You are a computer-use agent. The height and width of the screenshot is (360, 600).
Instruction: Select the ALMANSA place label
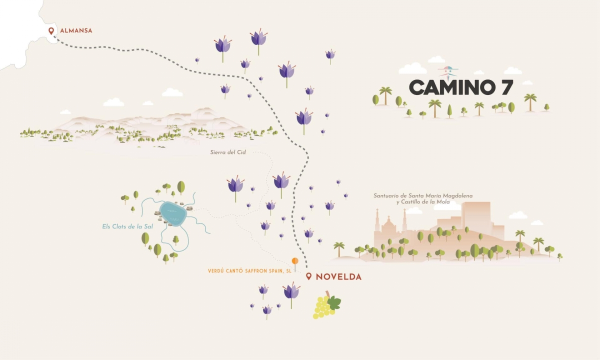pos(76,31)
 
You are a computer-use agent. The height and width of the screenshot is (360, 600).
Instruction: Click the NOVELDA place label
pos(338,276)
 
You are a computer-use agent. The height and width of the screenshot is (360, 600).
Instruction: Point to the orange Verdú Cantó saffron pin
pos(295,261)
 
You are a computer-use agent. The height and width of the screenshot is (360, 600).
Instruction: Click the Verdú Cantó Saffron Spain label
pos(249,271)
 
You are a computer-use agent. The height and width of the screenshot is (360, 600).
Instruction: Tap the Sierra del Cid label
pos(228,152)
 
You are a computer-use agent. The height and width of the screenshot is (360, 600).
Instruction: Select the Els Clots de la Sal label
pos(124,226)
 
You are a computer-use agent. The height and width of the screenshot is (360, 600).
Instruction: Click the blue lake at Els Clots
pos(173,214)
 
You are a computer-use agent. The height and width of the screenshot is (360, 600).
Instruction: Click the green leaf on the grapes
pos(334,301)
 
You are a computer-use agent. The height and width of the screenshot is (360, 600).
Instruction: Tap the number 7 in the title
pos(505,87)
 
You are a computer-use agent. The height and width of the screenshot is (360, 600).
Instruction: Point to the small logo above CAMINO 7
pos(448,71)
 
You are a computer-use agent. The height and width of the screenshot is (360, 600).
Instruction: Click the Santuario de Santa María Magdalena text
pos(423,196)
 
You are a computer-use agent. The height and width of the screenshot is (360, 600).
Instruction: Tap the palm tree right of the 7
pos(530,100)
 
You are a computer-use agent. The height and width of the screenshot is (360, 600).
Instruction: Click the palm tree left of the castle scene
pos(339,248)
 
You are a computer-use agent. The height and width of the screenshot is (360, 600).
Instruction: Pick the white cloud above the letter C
pos(412,69)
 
